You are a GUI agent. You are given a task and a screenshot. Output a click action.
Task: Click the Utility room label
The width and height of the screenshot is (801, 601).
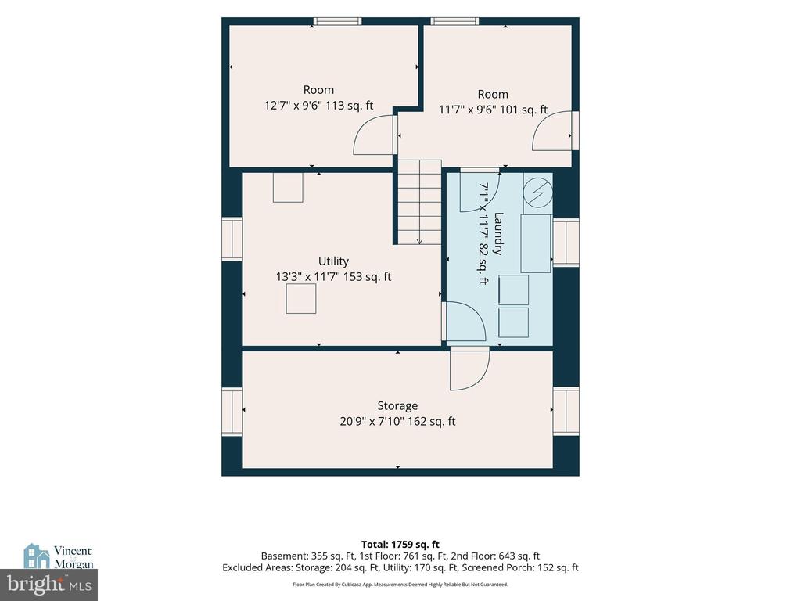[x=333, y=261]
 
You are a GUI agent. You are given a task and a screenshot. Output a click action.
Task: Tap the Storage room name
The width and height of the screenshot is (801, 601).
[x=397, y=406]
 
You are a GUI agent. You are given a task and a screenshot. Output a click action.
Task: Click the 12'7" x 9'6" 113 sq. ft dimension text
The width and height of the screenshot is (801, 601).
[x=318, y=106]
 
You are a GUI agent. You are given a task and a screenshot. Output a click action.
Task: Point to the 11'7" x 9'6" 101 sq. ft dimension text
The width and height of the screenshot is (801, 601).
[x=493, y=110]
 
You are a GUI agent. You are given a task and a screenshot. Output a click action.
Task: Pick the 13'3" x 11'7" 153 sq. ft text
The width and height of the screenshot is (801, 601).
[x=333, y=276]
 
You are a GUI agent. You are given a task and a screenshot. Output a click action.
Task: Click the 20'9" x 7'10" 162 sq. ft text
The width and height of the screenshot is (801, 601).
[x=397, y=421]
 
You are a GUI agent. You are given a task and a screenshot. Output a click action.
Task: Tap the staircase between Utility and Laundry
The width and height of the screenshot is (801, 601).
[x=419, y=202]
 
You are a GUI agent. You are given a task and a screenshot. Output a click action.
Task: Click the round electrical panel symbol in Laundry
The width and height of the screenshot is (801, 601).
[x=538, y=193]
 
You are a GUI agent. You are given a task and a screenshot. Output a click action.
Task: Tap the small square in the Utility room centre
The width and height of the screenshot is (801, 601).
[x=301, y=298]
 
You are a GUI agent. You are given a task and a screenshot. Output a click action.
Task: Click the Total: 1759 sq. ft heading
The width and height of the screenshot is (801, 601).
[x=400, y=545]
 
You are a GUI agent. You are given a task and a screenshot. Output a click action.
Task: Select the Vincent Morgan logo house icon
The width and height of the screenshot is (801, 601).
[x=36, y=556]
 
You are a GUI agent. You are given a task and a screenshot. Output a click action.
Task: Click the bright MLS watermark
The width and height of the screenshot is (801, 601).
[x=49, y=584]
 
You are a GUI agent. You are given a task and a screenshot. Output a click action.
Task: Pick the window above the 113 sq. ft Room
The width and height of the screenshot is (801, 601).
[x=337, y=21]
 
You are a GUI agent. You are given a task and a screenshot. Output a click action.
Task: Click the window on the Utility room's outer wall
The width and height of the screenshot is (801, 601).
[x=232, y=239]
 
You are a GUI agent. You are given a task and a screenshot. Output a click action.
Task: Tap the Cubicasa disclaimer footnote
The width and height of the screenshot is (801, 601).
[x=400, y=584]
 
